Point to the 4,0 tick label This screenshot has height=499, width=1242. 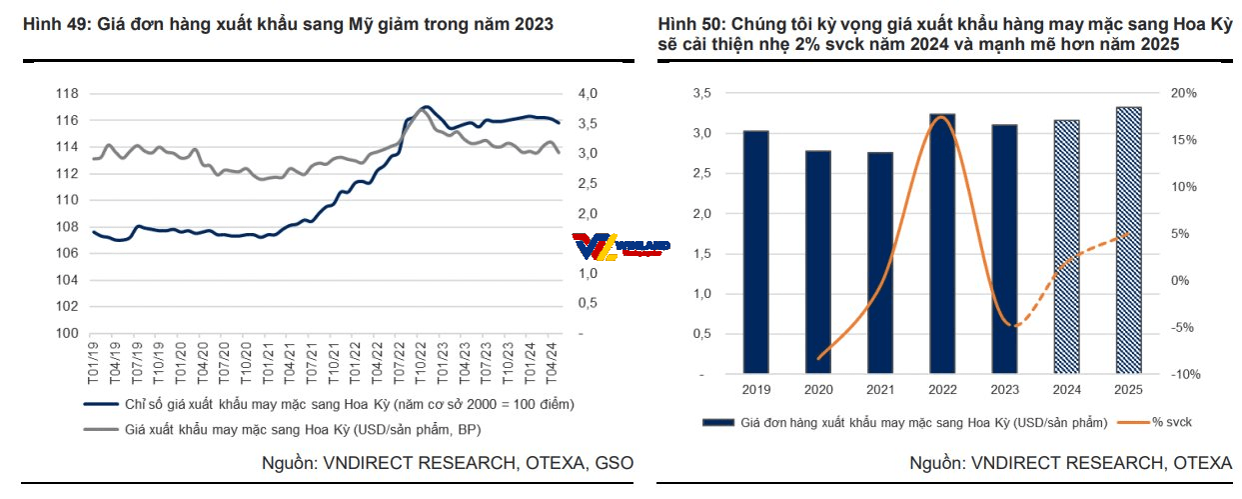coord(588,94)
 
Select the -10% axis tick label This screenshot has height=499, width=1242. coord(1184,374)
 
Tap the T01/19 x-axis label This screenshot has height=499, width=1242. coord(93,358)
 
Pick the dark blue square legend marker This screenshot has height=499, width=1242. coord(716,423)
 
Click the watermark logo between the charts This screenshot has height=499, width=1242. coord(620,246)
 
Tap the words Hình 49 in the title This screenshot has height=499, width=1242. coord(52,23)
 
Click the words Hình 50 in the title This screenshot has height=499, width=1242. coord(687,23)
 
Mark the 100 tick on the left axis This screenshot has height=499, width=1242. coord(67,333)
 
